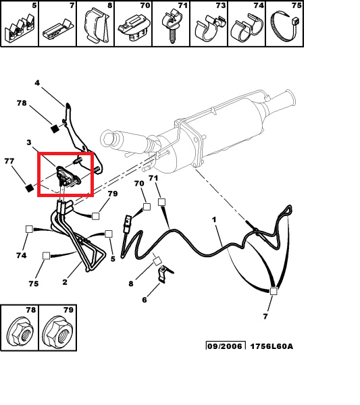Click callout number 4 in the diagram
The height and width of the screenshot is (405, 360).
[x=37, y=83]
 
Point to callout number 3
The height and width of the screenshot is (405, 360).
[x=29, y=142]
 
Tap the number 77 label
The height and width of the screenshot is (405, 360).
[x=9, y=161]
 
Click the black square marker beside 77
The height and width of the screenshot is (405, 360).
[x=30, y=188]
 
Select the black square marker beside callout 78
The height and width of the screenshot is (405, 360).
[x=55, y=128]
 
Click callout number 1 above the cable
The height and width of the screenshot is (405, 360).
[x=214, y=220]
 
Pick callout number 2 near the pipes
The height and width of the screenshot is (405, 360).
[x=65, y=281]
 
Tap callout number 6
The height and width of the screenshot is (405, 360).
[x=145, y=300]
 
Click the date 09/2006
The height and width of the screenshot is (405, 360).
[x=226, y=346]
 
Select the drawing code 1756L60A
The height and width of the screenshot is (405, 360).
[x=272, y=346]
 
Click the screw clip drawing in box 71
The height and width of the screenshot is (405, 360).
[x=171, y=26]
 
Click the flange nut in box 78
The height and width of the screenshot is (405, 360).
[x=21, y=331]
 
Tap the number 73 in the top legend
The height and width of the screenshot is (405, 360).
[x=220, y=5]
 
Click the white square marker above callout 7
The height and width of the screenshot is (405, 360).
[x=274, y=291]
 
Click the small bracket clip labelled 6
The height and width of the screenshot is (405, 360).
[x=165, y=274]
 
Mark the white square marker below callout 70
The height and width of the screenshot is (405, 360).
[x=147, y=207]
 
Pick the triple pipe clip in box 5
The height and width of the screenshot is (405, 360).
[x=20, y=29]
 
